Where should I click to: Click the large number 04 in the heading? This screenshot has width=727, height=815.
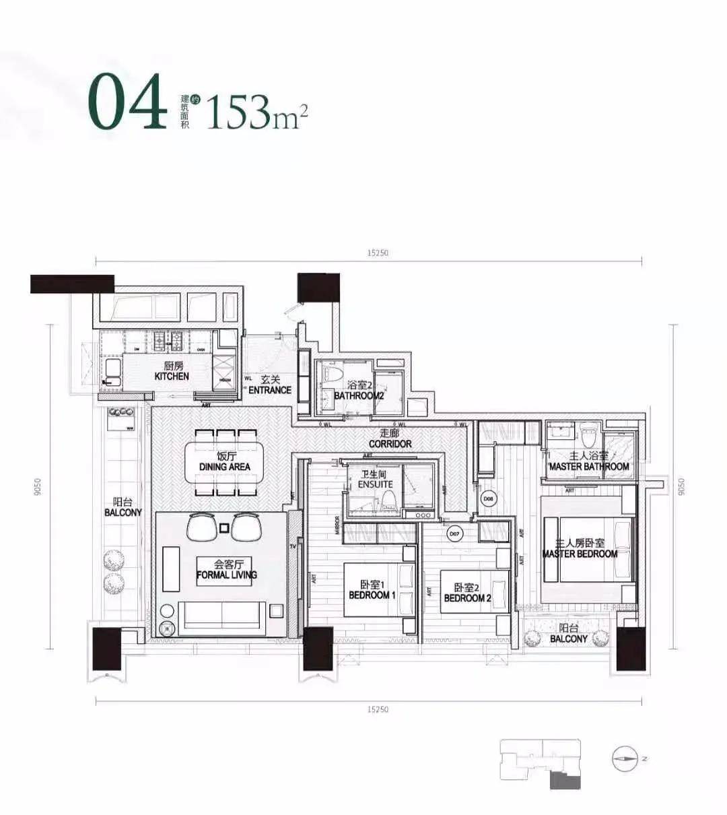pos(127,102)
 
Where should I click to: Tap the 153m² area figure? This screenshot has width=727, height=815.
pos(256,111)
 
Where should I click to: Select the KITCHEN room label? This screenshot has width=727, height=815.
pos(172,372)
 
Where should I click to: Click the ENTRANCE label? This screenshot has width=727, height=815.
pos(270,385)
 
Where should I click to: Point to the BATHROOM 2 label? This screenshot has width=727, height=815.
pos(359,391)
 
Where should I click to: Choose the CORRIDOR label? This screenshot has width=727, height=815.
pos(390,439)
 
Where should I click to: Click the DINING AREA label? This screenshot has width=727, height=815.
pos(225,462)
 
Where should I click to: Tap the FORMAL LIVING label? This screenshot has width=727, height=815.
pos(227,570)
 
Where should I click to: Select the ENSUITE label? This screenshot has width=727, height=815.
pos(376,480)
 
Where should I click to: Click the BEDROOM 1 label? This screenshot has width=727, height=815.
pos(370,590)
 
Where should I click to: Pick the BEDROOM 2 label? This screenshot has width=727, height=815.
pos(468,593)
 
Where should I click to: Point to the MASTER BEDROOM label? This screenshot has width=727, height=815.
pos(580,548)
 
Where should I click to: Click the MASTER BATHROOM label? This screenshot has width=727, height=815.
pos(589,461)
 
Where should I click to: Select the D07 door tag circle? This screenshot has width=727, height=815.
pos(455,533)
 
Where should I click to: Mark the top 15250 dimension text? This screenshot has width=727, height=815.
pos(378,253)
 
